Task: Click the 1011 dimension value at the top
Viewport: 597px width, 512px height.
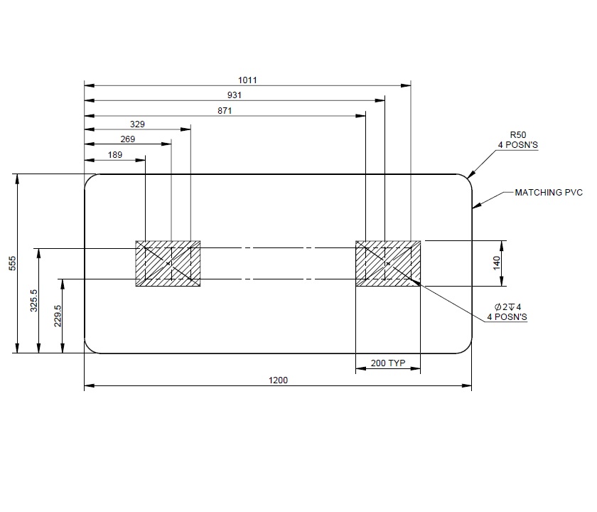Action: coord(247,80)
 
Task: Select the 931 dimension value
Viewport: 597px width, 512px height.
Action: coord(235,95)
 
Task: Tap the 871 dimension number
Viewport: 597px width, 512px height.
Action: coord(225,110)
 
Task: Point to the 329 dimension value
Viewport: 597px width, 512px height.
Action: coord(138,124)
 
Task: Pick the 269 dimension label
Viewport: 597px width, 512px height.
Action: coord(128,139)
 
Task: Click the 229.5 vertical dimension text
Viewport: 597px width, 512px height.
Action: coord(58,316)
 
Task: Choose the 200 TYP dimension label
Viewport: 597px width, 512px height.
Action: coord(387,363)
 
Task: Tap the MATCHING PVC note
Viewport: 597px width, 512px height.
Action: coord(548,192)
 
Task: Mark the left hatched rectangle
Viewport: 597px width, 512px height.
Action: coord(168,264)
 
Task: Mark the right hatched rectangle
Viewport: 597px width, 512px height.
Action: coord(387,264)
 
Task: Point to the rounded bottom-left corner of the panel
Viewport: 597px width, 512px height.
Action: coord(90,347)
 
